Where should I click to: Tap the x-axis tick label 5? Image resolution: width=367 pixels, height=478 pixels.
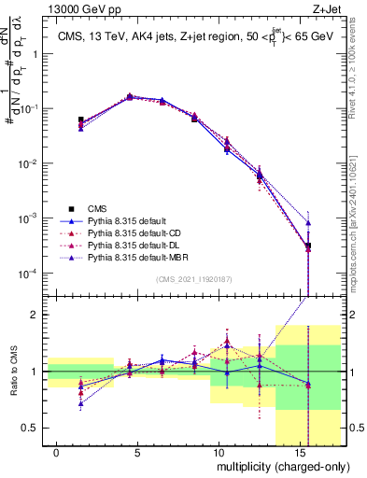point(138,453)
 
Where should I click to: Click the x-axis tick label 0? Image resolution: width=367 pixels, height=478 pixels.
point(57,453)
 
